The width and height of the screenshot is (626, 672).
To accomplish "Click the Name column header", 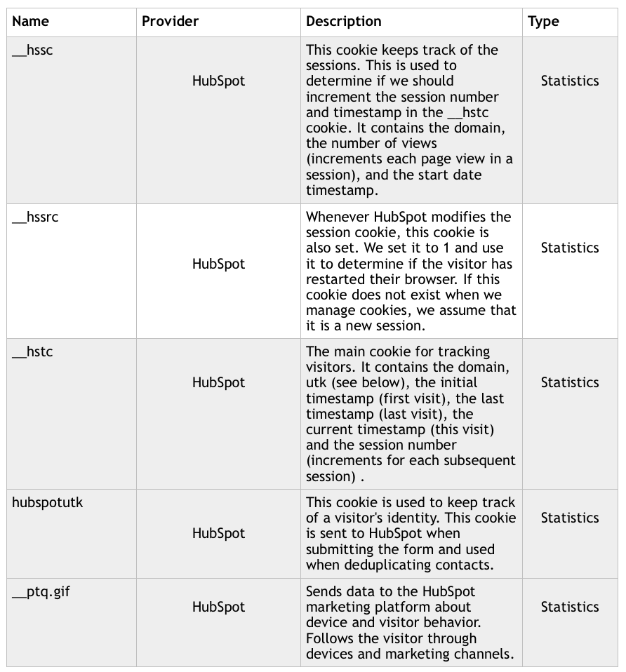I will click(30, 22).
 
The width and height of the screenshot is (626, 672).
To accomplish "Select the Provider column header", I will click(170, 22).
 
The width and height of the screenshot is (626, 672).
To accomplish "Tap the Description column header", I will click(344, 22).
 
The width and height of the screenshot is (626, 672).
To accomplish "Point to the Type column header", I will click(543, 22).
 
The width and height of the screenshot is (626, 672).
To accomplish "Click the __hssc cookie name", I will click(32, 51).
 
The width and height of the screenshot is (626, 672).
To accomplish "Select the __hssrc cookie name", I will click(35, 217).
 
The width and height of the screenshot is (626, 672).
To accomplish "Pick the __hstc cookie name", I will click(32, 352).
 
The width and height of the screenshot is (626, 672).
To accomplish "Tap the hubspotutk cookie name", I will click(48, 503).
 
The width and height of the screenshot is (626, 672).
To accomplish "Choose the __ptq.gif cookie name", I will click(41, 592).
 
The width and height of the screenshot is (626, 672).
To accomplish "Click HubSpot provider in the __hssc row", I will click(218, 81).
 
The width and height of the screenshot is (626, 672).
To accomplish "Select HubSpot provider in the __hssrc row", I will click(218, 264).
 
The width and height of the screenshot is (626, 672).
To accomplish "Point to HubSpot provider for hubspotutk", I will click(218, 534).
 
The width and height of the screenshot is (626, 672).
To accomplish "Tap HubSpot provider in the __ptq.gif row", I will click(218, 607).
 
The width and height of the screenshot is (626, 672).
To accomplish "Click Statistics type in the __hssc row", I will click(570, 81).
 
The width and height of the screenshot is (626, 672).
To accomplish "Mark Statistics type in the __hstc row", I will click(570, 383).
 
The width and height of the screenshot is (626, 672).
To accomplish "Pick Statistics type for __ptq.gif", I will click(570, 607).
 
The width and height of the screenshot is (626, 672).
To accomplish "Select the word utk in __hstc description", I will click(317, 383).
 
